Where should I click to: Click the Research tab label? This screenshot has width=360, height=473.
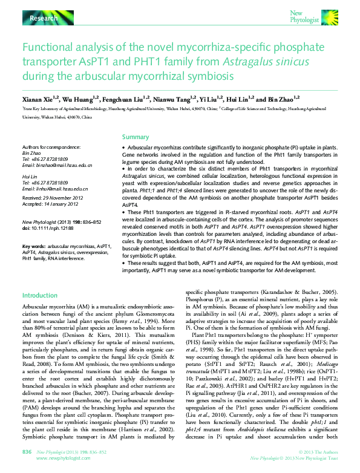(x=44, y=19)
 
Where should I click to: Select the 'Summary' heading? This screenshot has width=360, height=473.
(x=136, y=137)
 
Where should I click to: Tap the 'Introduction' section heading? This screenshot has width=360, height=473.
(x=39, y=295)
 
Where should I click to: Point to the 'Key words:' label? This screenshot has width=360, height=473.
(x=34, y=247)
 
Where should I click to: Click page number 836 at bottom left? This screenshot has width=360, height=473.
(x=27, y=452)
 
